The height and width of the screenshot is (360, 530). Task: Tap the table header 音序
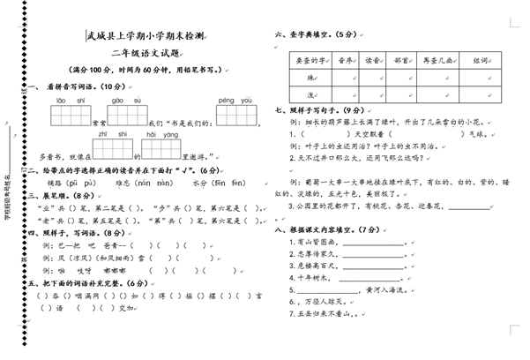(344, 60)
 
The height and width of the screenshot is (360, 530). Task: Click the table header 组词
(480, 60)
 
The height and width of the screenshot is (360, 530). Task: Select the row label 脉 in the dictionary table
(310, 77)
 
